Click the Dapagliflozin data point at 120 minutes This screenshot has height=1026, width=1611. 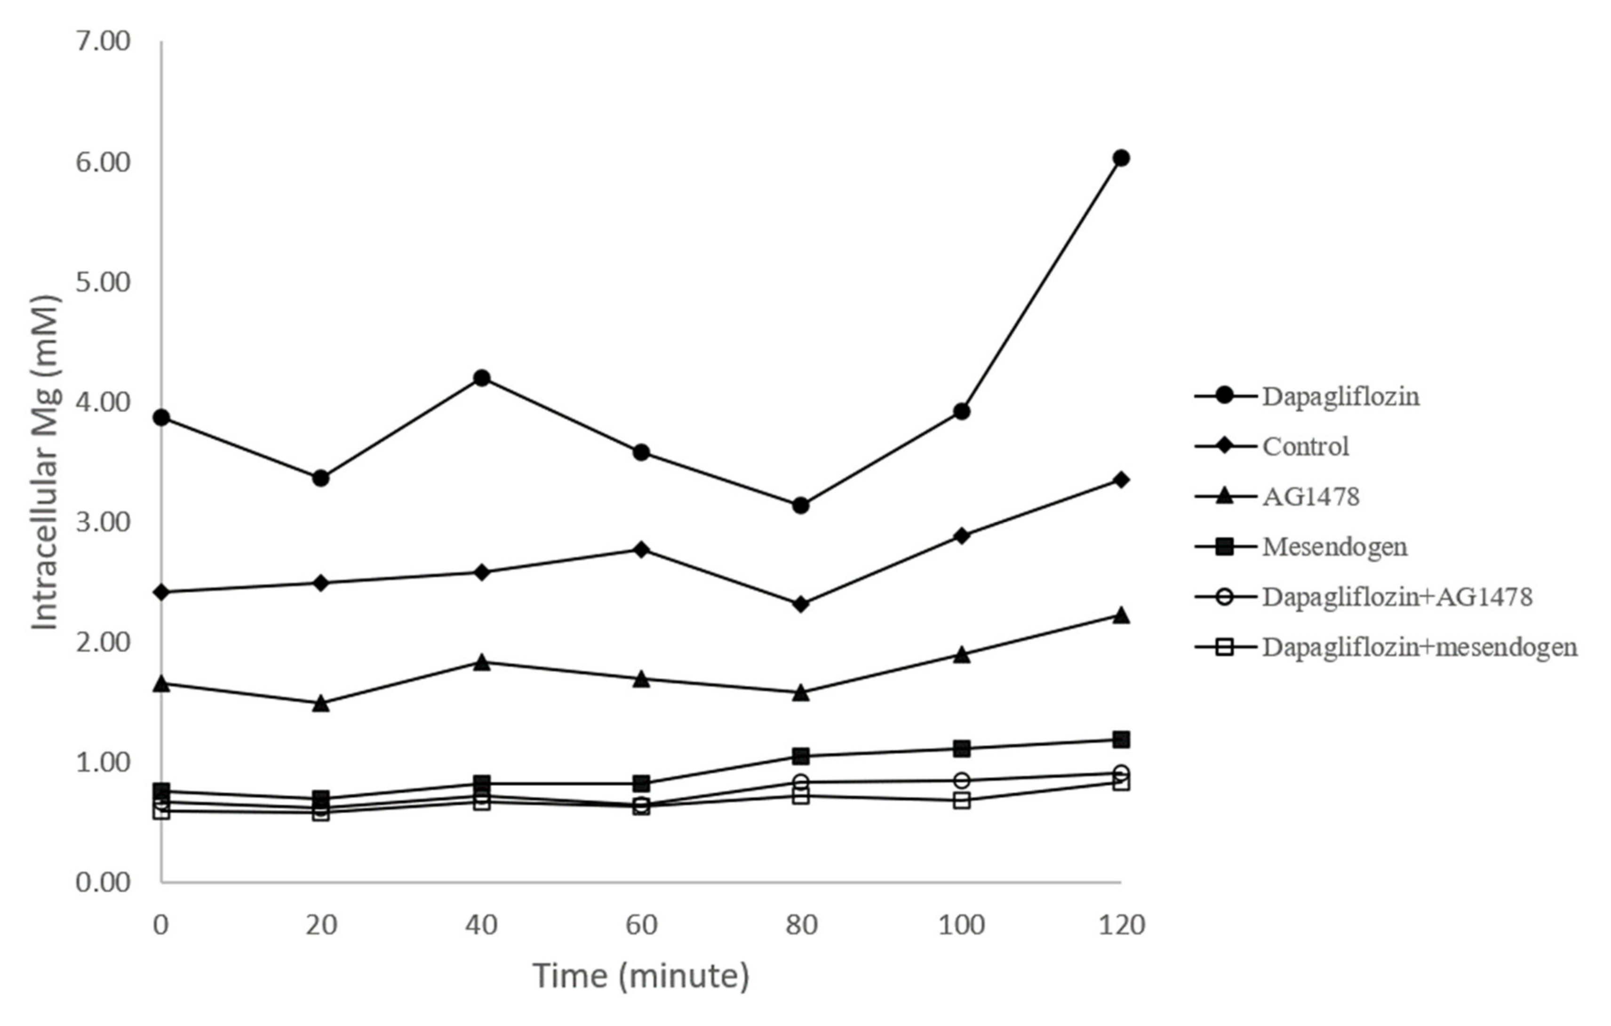point(1121,158)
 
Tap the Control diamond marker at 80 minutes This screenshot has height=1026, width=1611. point(801,604)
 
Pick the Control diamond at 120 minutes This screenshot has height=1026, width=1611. point(1121,480)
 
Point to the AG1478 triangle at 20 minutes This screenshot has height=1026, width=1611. point(321,703)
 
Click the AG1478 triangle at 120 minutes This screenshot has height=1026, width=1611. point(1121,615)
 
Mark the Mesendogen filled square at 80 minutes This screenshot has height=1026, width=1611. point(801,756)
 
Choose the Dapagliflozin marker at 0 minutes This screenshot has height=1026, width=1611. point(161,417)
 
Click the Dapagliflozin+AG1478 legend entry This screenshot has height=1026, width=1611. point(1397,597)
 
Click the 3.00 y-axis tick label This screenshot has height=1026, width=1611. point(103,522)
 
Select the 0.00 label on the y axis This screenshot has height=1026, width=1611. point(103,882)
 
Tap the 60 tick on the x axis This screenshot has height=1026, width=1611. point(642,926)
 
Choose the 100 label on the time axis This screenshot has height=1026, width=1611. point(961,926)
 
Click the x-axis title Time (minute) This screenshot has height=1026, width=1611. point(641,977)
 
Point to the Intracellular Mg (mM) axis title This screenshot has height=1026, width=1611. point(46,462)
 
